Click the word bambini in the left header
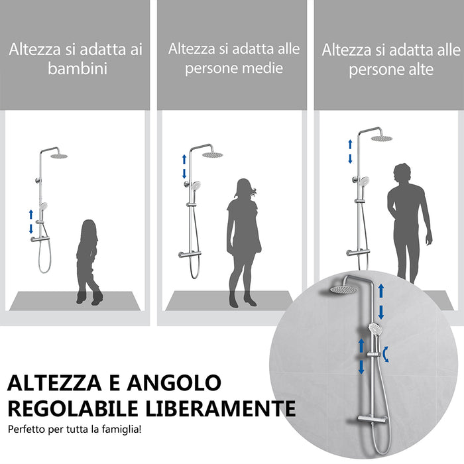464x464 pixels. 78,69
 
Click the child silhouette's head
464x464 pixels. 88,229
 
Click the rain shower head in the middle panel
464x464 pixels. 212,154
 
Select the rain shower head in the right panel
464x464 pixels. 381,138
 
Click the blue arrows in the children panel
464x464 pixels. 30,221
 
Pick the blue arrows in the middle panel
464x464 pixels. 185,166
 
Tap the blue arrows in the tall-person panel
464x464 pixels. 351,151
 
